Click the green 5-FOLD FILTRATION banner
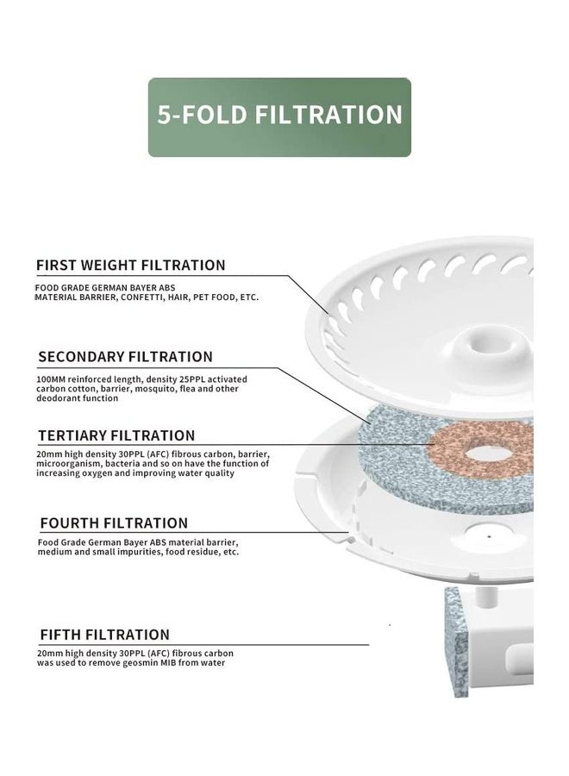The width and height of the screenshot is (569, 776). click(279, 117)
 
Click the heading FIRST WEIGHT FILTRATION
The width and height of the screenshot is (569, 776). click(131, 266)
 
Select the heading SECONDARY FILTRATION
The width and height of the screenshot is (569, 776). click(126, 357)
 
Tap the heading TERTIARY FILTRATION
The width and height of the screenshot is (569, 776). click(116, 435)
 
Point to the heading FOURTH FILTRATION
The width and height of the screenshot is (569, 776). click(115, 523)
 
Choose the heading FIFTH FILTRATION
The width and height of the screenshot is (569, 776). click(105, 635)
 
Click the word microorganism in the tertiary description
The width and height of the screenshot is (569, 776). click(68, 464)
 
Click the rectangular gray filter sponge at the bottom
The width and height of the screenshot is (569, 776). click(456, 641)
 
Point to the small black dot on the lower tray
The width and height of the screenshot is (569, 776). click(490, 536)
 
